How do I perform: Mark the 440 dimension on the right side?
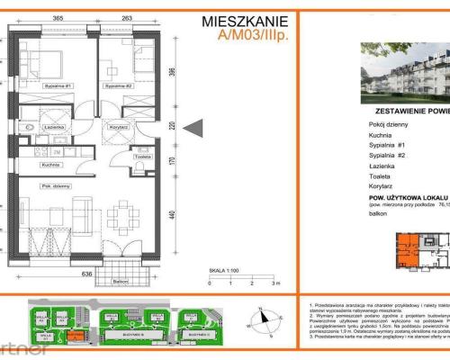point(171,216)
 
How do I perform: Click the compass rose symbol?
point(262,317)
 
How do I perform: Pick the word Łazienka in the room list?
point(383,163)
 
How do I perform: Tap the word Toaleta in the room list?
point(382,177)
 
